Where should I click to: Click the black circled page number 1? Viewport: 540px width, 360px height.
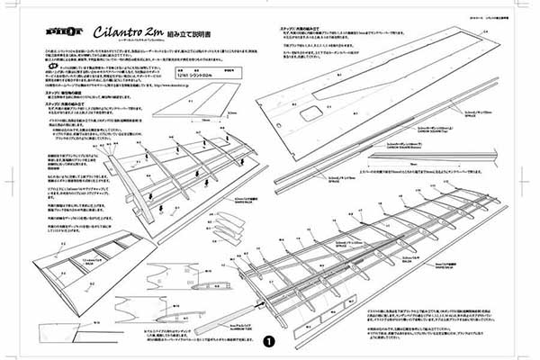pyautogui.click(x=268, y=341)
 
